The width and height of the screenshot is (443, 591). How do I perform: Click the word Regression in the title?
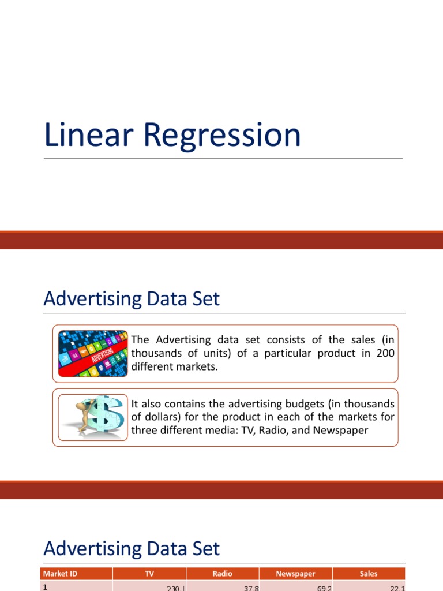pos(222,136)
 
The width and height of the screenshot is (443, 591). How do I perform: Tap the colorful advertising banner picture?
pos(93,354)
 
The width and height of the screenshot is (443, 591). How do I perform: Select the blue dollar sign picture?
pos(93,417)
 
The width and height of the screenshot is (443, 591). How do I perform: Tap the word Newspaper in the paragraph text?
pos(339,431)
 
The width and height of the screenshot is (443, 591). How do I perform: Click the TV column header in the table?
pos(149,574)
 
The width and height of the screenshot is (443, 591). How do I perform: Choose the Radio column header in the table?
pos(223,574)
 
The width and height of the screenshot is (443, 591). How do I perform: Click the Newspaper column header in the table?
pos(296,574)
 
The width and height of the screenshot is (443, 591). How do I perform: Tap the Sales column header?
pos(369,574)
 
